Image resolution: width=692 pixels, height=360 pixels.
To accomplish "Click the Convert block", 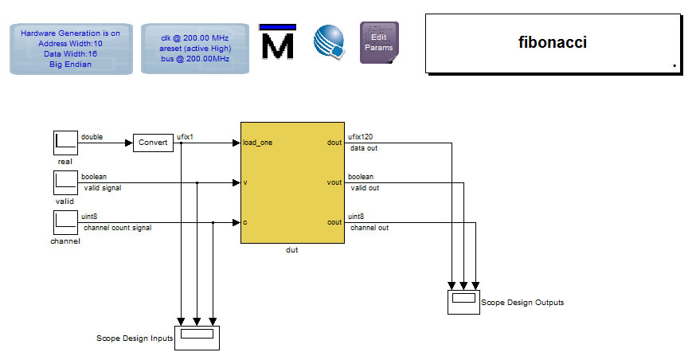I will pos(153,143).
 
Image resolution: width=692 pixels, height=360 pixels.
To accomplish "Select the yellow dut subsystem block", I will pos(292,182).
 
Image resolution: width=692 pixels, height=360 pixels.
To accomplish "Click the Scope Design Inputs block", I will pos(197,335).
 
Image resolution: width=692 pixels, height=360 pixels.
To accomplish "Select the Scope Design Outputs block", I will pos(463,301).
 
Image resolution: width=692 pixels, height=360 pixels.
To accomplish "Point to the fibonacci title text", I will pos(553,42).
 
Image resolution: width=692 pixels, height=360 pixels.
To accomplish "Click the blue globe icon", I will pos(329,41).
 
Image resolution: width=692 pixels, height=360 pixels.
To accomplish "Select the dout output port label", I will pos(334,143).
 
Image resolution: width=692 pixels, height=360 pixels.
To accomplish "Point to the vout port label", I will pos(334,182).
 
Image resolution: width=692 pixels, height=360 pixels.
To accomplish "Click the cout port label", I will pos(334,222).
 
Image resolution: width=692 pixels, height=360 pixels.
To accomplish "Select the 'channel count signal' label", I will pos(117,228).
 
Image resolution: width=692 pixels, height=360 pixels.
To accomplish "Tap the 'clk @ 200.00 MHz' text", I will pos(195,37).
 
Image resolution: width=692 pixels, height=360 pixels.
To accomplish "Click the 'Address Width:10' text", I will pos(70,43).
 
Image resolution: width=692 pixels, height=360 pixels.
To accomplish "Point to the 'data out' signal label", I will pos(364,148).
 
